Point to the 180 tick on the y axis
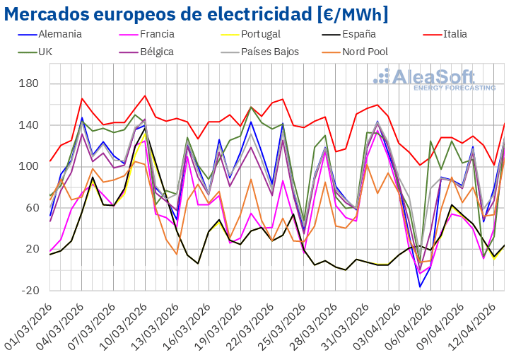[30, 84]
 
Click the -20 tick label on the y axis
[30, 291]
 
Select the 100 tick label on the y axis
[30, 167]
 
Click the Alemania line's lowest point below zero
[420, 286]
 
